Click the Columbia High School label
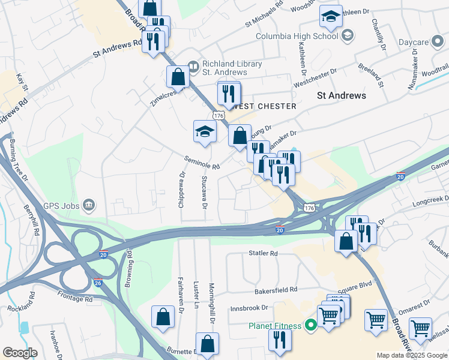(297, 36)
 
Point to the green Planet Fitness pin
(310, 326)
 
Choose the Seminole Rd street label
(202, 162)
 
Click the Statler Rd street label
(264, 254)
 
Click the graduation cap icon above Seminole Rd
(205, 131)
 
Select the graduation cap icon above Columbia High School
(330, 17)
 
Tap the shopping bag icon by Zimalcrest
(178, 77)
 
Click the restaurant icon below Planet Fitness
(279, 340)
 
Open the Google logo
(20, 353)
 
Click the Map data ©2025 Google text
(412, 355)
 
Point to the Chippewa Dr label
(180, 188)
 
